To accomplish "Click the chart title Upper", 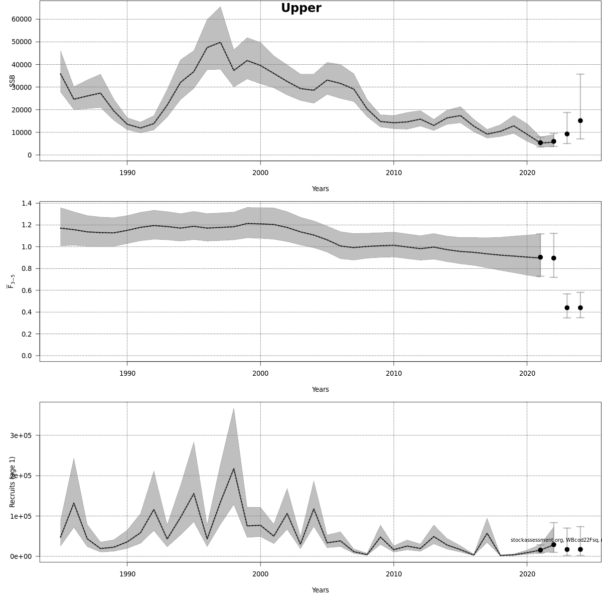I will (301, 9).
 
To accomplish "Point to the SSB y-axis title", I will (13, 81).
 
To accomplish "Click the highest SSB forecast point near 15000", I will (580, 120).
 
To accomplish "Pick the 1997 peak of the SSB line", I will (221, 42).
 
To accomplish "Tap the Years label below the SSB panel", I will (320, 189).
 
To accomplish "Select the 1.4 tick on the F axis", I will (27, 203).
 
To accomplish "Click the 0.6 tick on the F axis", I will (27, 290).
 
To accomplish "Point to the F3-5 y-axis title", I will (11, 281).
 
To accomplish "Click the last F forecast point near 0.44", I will (580, 308).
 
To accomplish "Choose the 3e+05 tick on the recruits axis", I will (21, 435).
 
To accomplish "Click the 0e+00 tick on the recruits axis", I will (21, 556).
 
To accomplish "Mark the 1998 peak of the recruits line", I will (234, 469).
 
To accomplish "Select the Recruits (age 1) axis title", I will (13, 482).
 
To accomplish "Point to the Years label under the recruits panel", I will (320, 590).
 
